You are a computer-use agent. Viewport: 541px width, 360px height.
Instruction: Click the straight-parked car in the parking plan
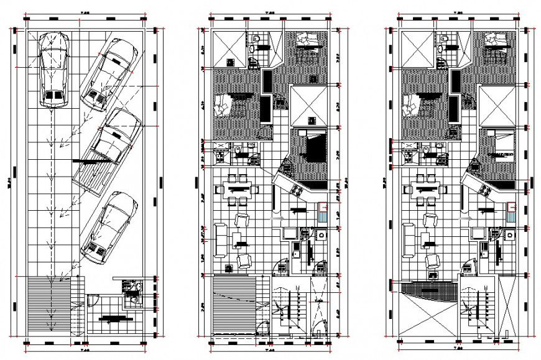[52, 70]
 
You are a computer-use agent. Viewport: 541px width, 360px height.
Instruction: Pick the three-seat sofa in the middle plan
[220, 240]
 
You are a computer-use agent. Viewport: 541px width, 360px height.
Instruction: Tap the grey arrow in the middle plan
[277, 218]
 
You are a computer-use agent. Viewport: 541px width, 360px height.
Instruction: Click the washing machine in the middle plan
[321, 234]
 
